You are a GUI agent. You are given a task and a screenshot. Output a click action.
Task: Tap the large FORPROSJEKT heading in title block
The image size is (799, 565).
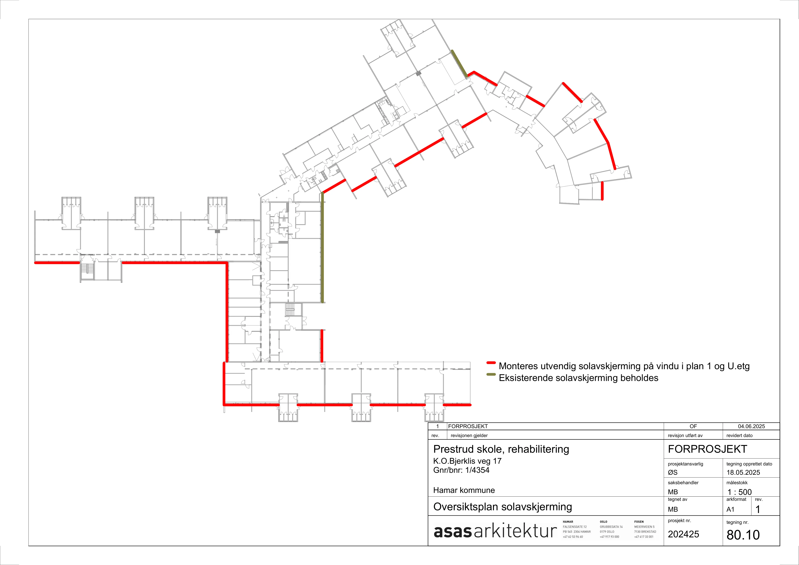[707, 449]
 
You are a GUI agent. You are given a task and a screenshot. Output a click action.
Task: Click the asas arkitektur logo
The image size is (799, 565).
[495, 531]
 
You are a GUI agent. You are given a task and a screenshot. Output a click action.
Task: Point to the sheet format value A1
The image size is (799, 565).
[730, 509]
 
